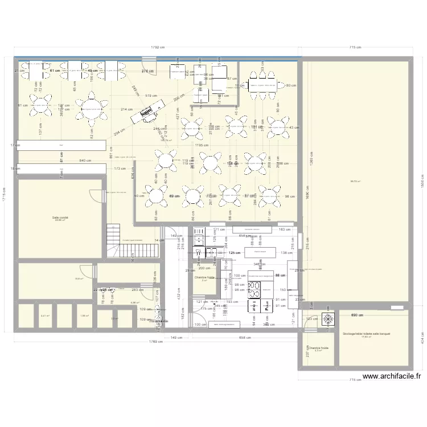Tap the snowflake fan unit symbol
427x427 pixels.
point(329,319)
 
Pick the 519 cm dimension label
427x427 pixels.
point(151,96)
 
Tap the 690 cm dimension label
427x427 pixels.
point(357,315)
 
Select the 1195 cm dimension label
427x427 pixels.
point(199,145)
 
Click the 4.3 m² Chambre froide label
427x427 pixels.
point(318,349)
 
